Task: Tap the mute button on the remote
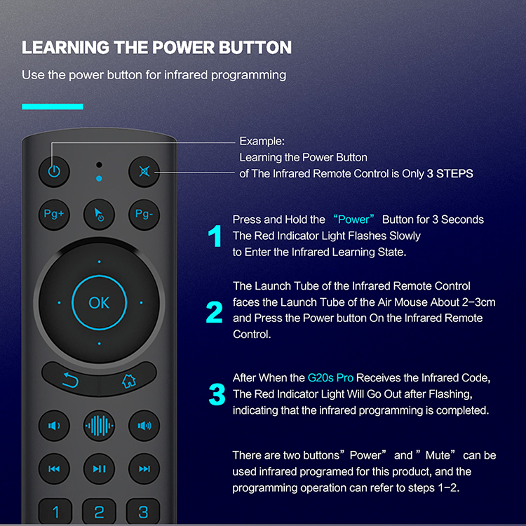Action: [x=144, y=172]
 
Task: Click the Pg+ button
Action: [x=54, y=215]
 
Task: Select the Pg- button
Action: [x=144, y=215]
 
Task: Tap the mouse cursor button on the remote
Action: [x=99, y=215]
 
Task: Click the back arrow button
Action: [x=71, y=379]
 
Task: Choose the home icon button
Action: [x=128, y=379]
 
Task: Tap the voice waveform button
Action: [x=99, y=426]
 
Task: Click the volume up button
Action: [x=144, y=426]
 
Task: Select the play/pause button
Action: [x=99, y=468]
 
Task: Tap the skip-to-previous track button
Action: [x=54, y=468]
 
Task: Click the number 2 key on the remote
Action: [x=99, y=511]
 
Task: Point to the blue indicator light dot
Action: [x=99, y=178]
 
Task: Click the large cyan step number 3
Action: [x=217, y=394]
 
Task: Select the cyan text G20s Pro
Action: [x=330, y=378]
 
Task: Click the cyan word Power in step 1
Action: [x=353, y=220]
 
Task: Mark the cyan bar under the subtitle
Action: [x=53, y=107]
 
